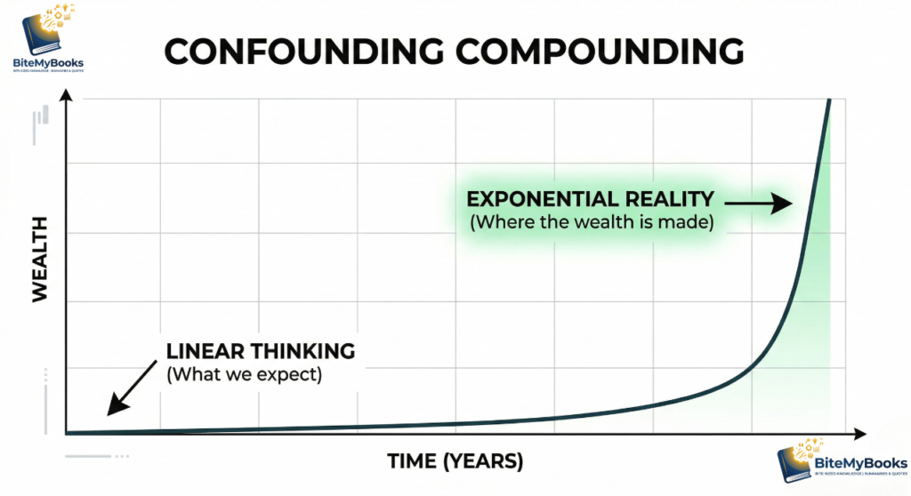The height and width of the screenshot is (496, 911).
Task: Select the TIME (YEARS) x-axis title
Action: click(455, 462)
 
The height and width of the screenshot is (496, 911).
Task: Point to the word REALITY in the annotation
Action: click(670, 199)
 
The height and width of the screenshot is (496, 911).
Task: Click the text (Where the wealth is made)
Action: click(592, 221)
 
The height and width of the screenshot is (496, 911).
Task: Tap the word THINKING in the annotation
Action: click(303, 351)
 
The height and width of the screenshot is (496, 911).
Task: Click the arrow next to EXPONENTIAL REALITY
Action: click(762, 204)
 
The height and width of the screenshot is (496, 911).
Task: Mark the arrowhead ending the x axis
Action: click(860, 435)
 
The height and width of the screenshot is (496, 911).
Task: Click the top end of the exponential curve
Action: click(830, 99)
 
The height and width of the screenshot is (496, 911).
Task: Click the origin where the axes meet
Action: click(66, 435)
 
